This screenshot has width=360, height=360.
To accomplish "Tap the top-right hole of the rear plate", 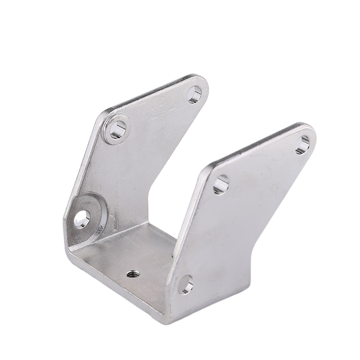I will click(x=194, y=95).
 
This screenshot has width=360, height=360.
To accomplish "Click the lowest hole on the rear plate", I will click(x=82, y=218).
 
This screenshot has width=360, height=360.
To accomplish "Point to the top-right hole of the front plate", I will click(x=303, y=144).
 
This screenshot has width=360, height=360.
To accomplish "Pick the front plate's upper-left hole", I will click(x=221, y=184).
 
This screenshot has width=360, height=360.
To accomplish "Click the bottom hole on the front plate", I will click(x=185, y=285).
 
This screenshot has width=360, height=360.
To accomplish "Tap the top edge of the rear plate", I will click(x=153, y=92).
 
